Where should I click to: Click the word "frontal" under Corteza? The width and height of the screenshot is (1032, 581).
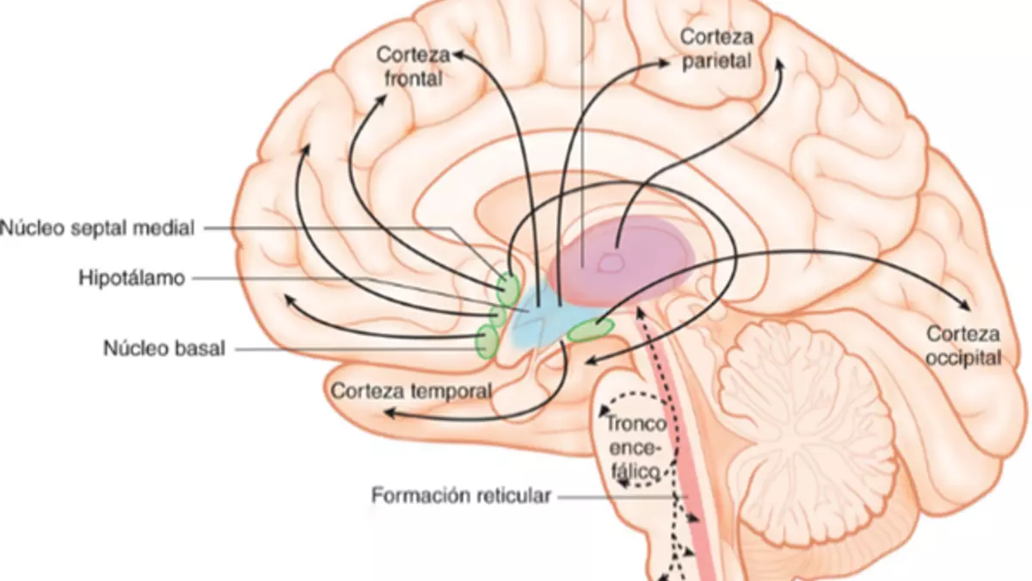[414, 78]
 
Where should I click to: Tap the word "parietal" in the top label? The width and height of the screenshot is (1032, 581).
[717, 62]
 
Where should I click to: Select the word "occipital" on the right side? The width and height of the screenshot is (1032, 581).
[964, 358]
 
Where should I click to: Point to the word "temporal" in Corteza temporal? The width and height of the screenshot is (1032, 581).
[451, 392]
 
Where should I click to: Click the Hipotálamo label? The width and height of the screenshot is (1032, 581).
[132, 278]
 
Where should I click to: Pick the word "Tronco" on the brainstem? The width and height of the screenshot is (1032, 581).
[636, 424]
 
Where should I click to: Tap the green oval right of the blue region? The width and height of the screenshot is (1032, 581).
[590, 331]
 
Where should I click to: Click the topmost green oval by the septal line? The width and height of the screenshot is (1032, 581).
[508, 289]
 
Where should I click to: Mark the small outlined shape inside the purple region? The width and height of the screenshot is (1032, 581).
[611, 263]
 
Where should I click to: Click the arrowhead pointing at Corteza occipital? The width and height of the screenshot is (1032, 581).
[964, 306]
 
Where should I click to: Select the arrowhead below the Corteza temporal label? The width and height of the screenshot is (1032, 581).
[390, 413]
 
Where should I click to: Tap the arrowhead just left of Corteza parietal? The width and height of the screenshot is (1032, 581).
[663, 63]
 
